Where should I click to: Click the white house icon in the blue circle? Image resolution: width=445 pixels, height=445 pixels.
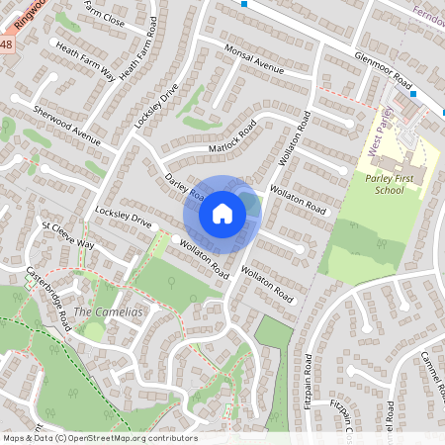tap(222, 213)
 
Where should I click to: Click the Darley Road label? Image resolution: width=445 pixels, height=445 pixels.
tap(184, 184)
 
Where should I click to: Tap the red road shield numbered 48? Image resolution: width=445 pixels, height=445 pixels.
tap(6, 45)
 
